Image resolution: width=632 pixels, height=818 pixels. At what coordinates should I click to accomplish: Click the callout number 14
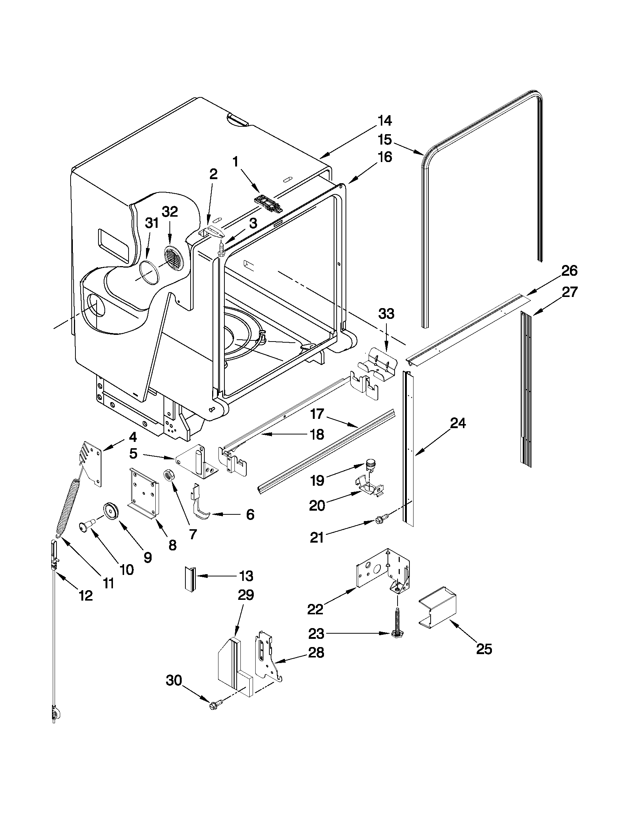(x=384, y=121)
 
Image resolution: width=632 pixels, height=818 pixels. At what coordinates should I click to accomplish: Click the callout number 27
(x=570, y=292)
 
